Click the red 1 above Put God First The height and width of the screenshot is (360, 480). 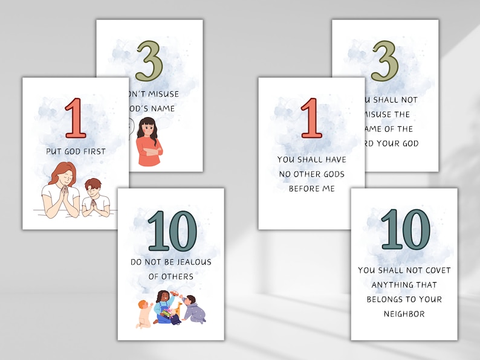[75, 118]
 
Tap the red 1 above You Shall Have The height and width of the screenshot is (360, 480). [311, 118]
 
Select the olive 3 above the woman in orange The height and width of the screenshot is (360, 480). [149, 61]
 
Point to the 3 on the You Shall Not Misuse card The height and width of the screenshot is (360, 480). [384, 61]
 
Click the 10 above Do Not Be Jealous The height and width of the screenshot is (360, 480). [172, 231]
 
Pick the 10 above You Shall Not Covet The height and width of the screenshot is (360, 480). [405, 230]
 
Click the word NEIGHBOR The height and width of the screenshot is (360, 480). [405, 313]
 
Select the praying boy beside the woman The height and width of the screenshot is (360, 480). [95, 198]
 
